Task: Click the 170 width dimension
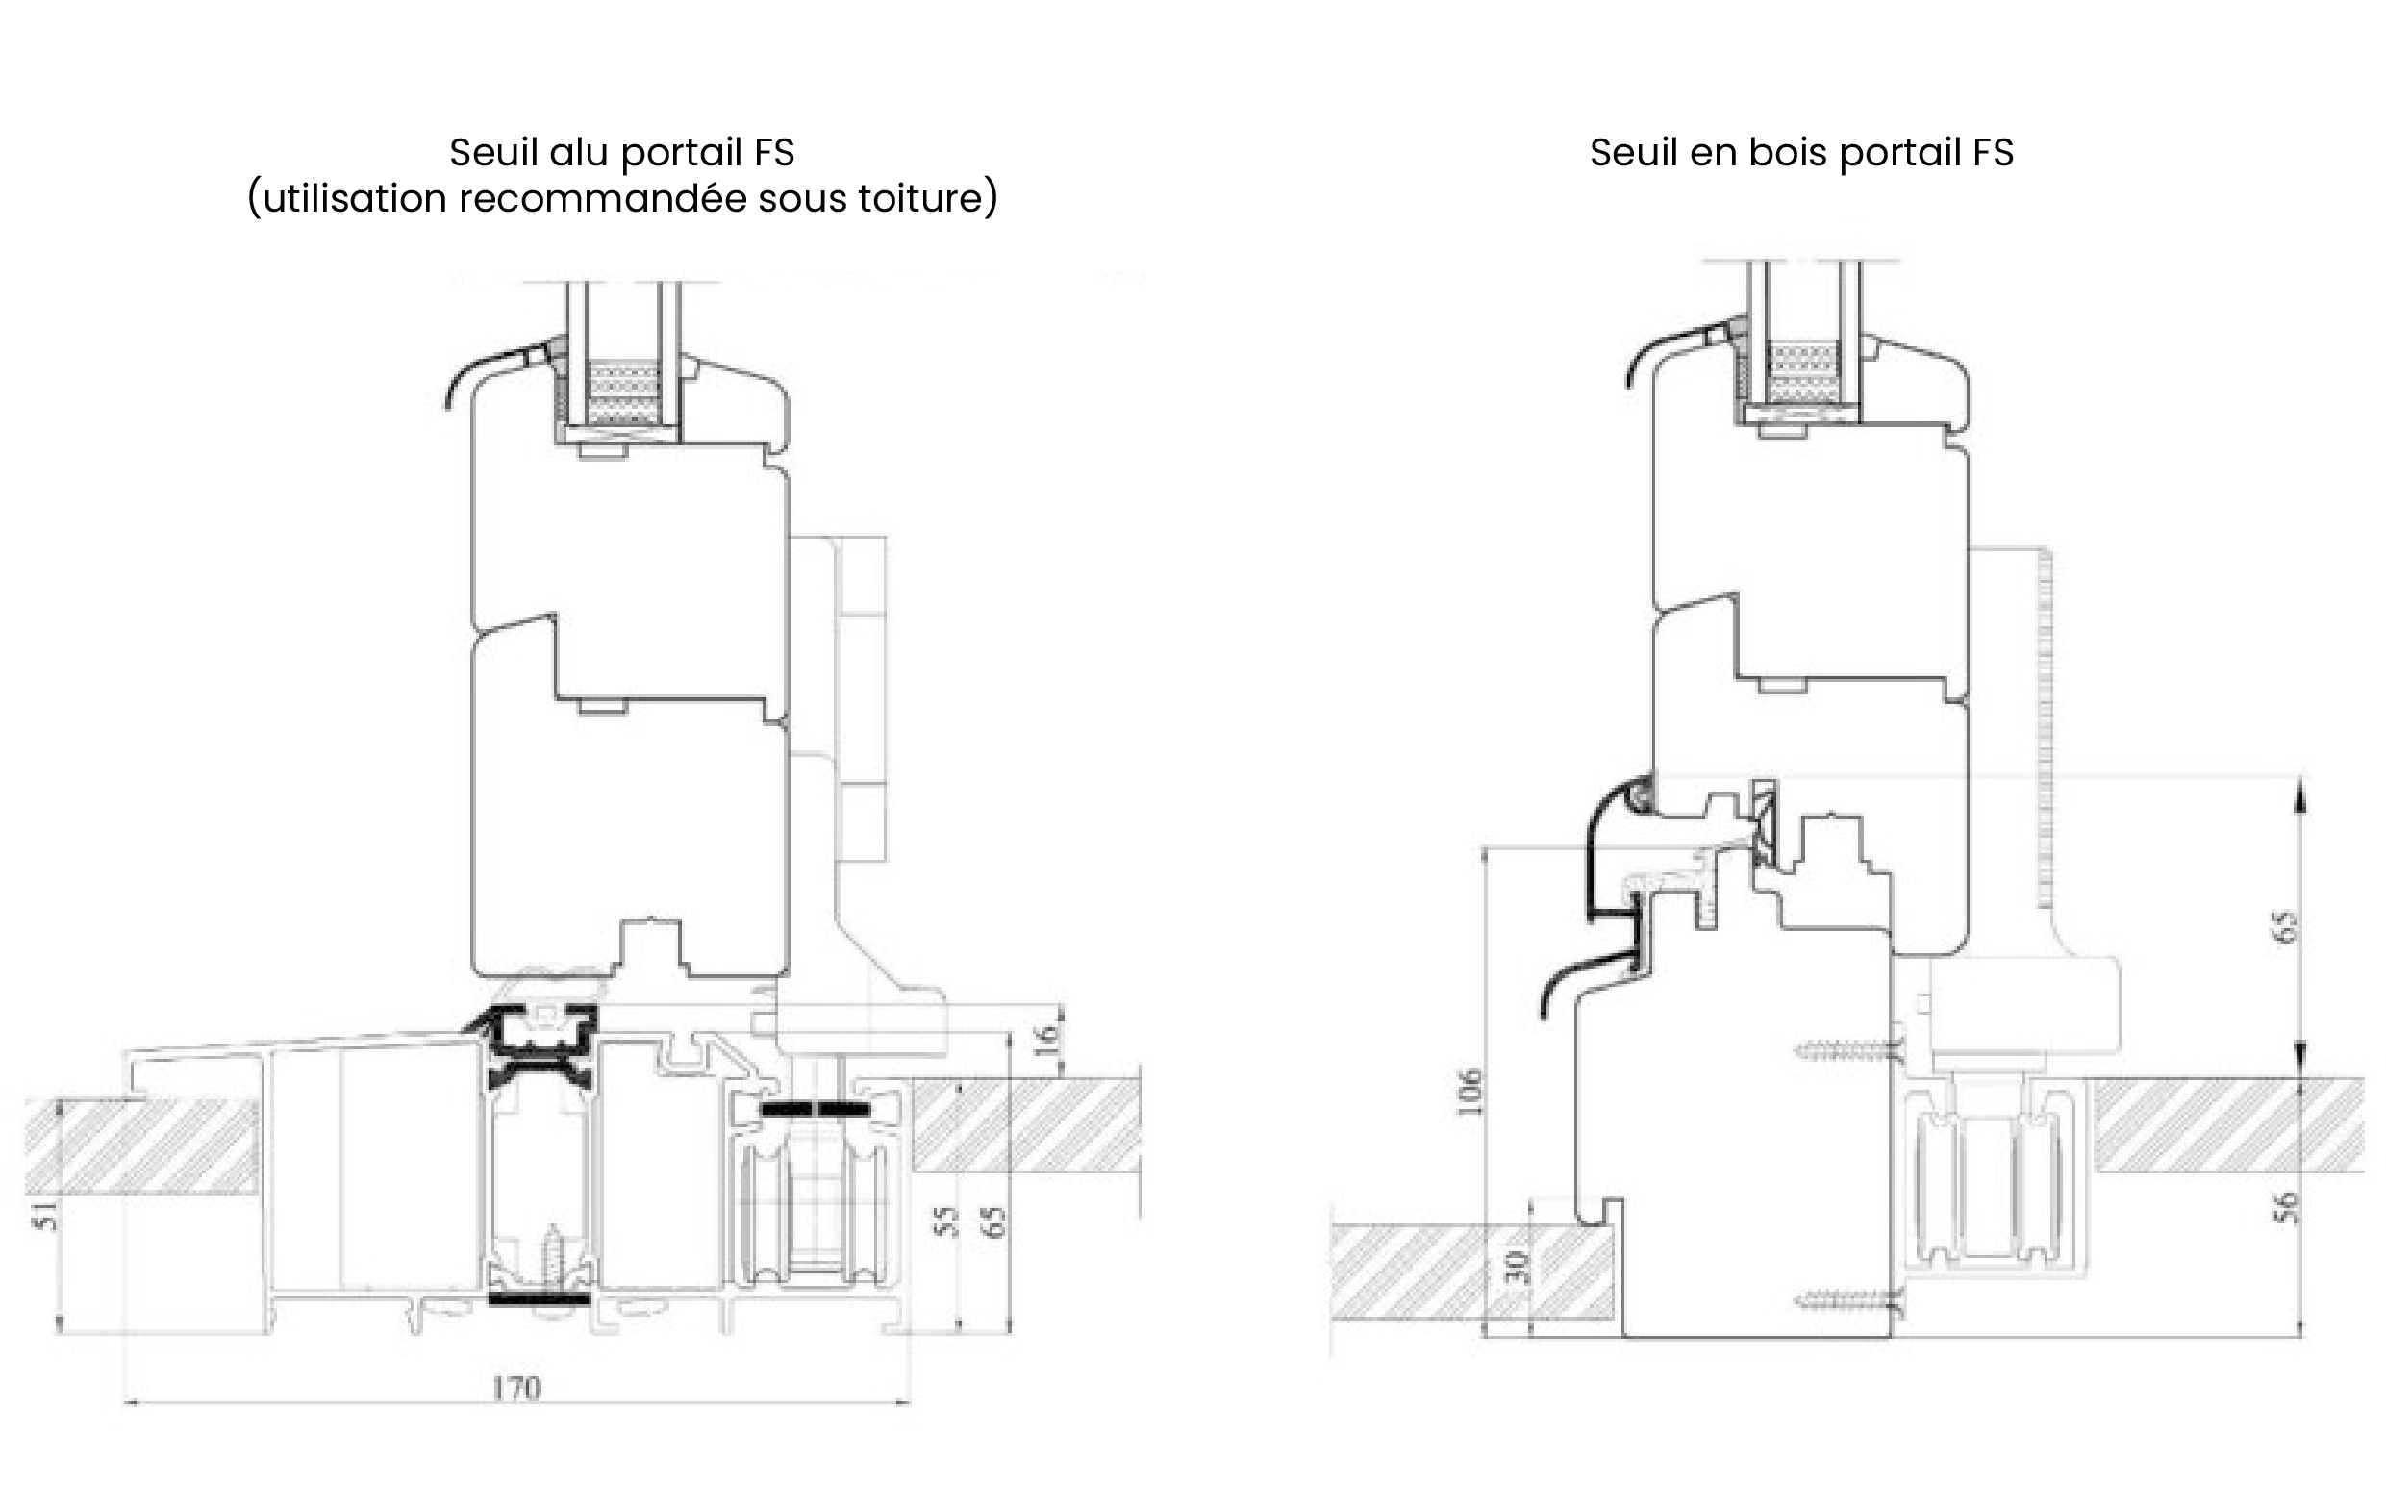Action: pos(516,1388)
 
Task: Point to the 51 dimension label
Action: pos(46,1216)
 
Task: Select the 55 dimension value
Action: pos(947,1221)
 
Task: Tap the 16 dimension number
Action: pos(1046,1039)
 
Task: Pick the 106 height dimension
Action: pos(1469,1092)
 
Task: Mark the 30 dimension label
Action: pos(1517,1268)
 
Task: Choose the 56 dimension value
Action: pos(2284,1207)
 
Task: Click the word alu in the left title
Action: pos(581,153)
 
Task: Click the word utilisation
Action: pos(355,198)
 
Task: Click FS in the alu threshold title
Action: pos(774,153)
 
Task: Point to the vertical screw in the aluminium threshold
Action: pos(550,1258)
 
